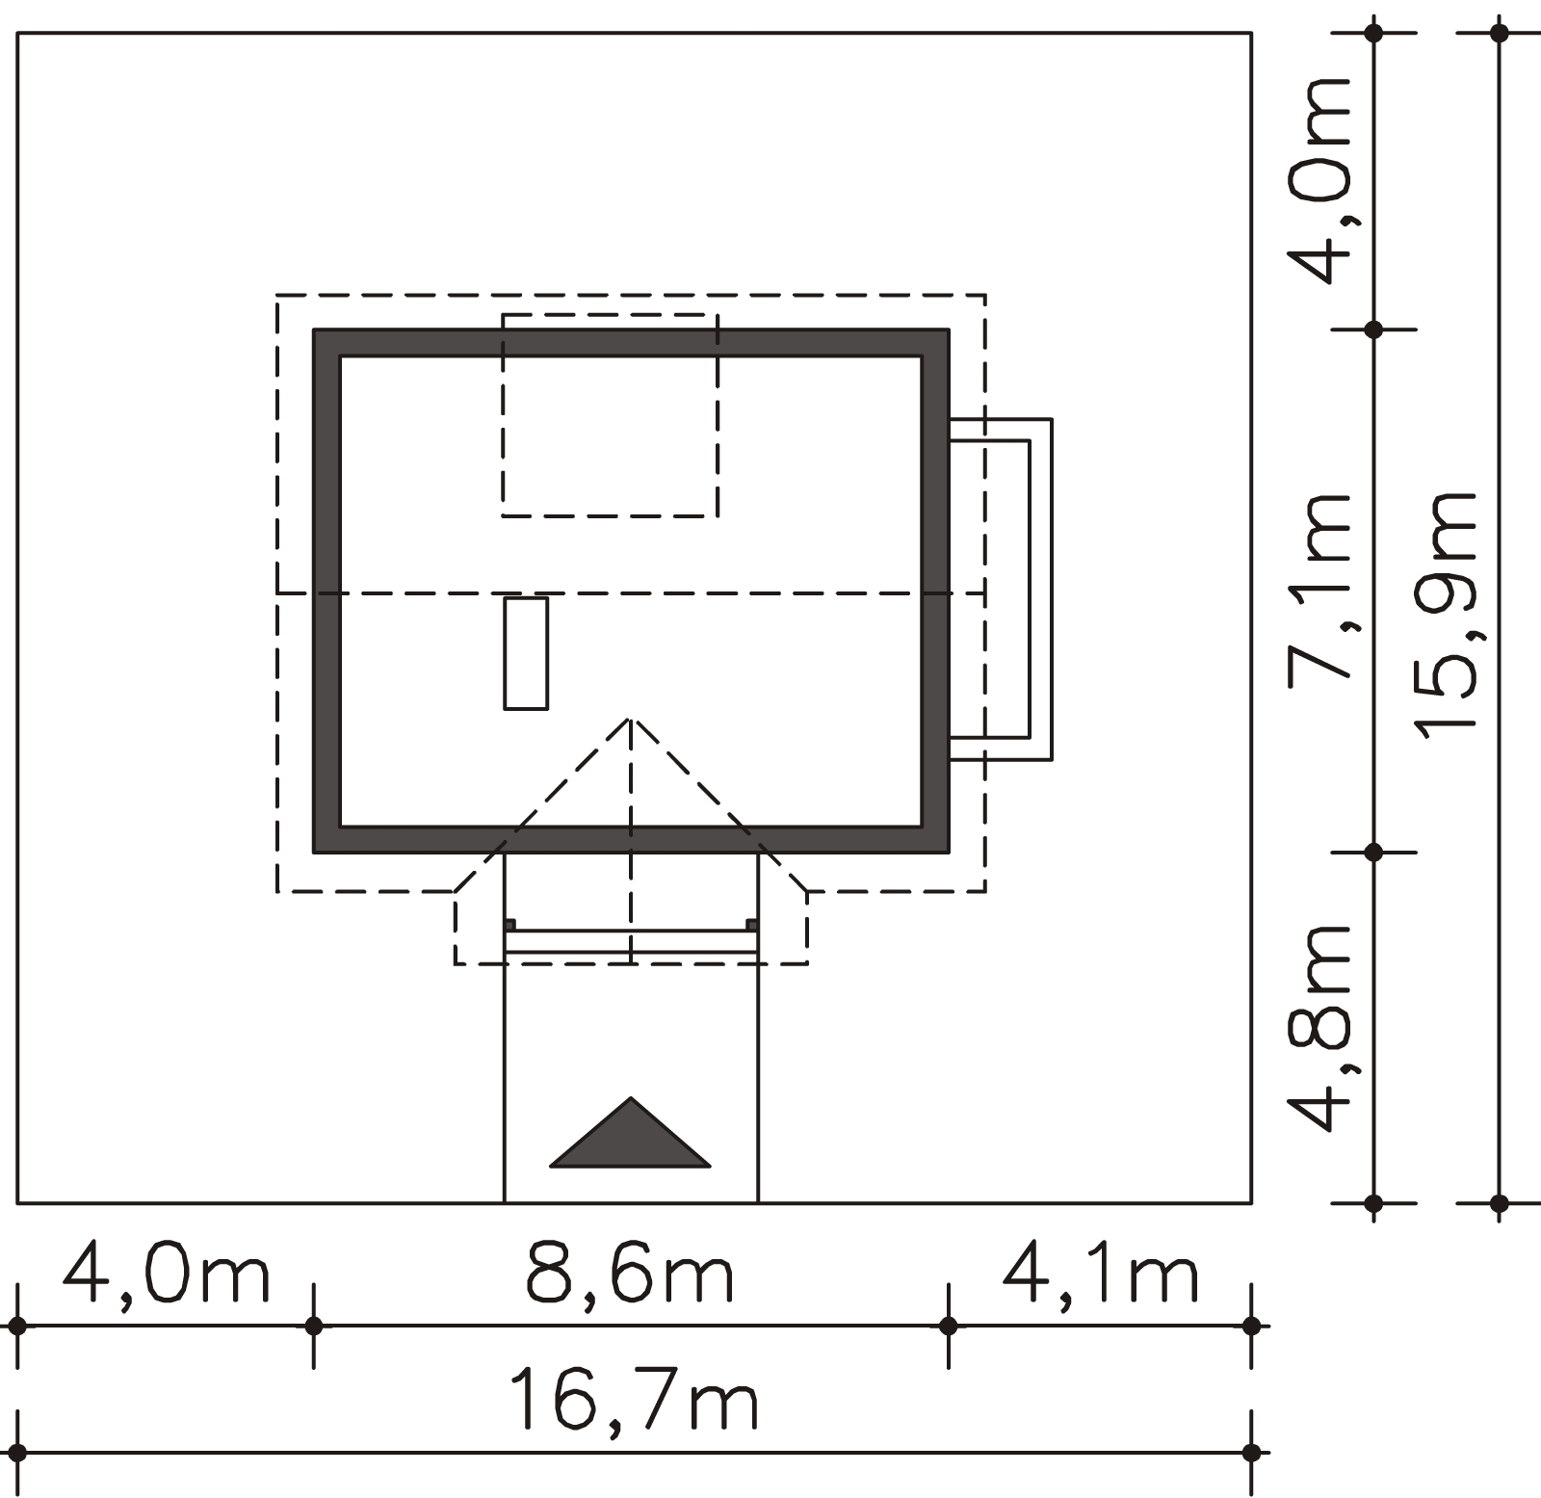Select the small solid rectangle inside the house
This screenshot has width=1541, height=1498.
(526, 653)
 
